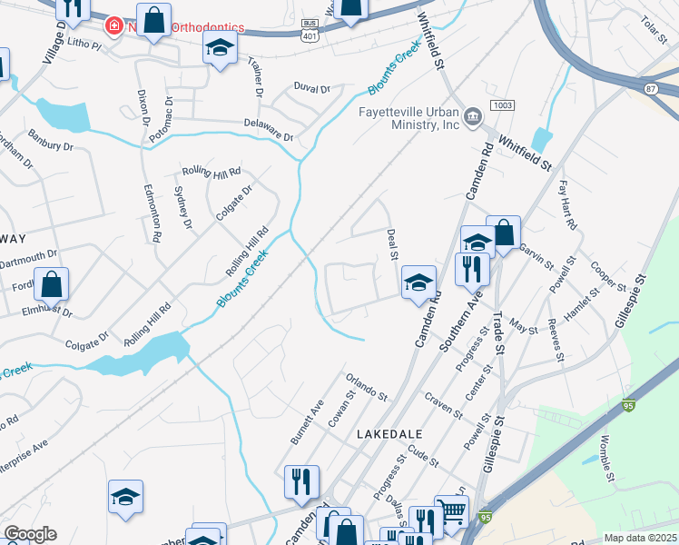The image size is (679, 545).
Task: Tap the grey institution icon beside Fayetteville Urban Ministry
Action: pos(473,116)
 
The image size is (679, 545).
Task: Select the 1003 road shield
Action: pos(502,106)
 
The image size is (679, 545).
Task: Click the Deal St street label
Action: pos(392,243)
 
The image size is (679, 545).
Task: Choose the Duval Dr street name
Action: pos(311,88)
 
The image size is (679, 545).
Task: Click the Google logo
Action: pos(30,534)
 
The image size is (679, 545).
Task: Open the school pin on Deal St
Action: pos(418,282)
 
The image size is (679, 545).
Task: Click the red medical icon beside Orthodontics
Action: pos(113,25)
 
